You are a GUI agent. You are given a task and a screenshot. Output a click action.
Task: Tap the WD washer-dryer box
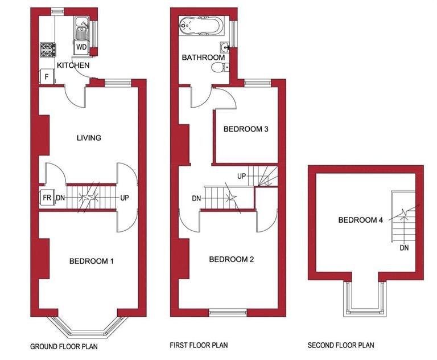tap(82, 47)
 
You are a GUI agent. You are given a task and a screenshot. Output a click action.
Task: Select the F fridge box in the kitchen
tap(46, 76)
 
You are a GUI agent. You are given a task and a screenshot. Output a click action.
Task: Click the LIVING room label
tap(88, 138)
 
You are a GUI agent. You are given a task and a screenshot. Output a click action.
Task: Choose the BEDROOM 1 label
tap(92, 261)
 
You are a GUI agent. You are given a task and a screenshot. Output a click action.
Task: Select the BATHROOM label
tap(203, 58)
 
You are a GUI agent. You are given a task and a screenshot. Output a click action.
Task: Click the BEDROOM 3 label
tap(246, 129)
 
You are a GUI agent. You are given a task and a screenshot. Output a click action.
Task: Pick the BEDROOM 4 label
tap(360, 220)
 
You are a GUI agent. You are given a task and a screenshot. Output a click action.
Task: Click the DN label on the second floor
tap(405, 248)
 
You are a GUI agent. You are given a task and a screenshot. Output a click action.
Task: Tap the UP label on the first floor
tap(241, 176)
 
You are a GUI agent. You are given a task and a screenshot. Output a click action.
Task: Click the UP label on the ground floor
tap(124, 198)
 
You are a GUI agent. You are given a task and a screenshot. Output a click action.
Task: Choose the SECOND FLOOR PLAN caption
tap(341, 346)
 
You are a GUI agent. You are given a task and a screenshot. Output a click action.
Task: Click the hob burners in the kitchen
tap(46, 50)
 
